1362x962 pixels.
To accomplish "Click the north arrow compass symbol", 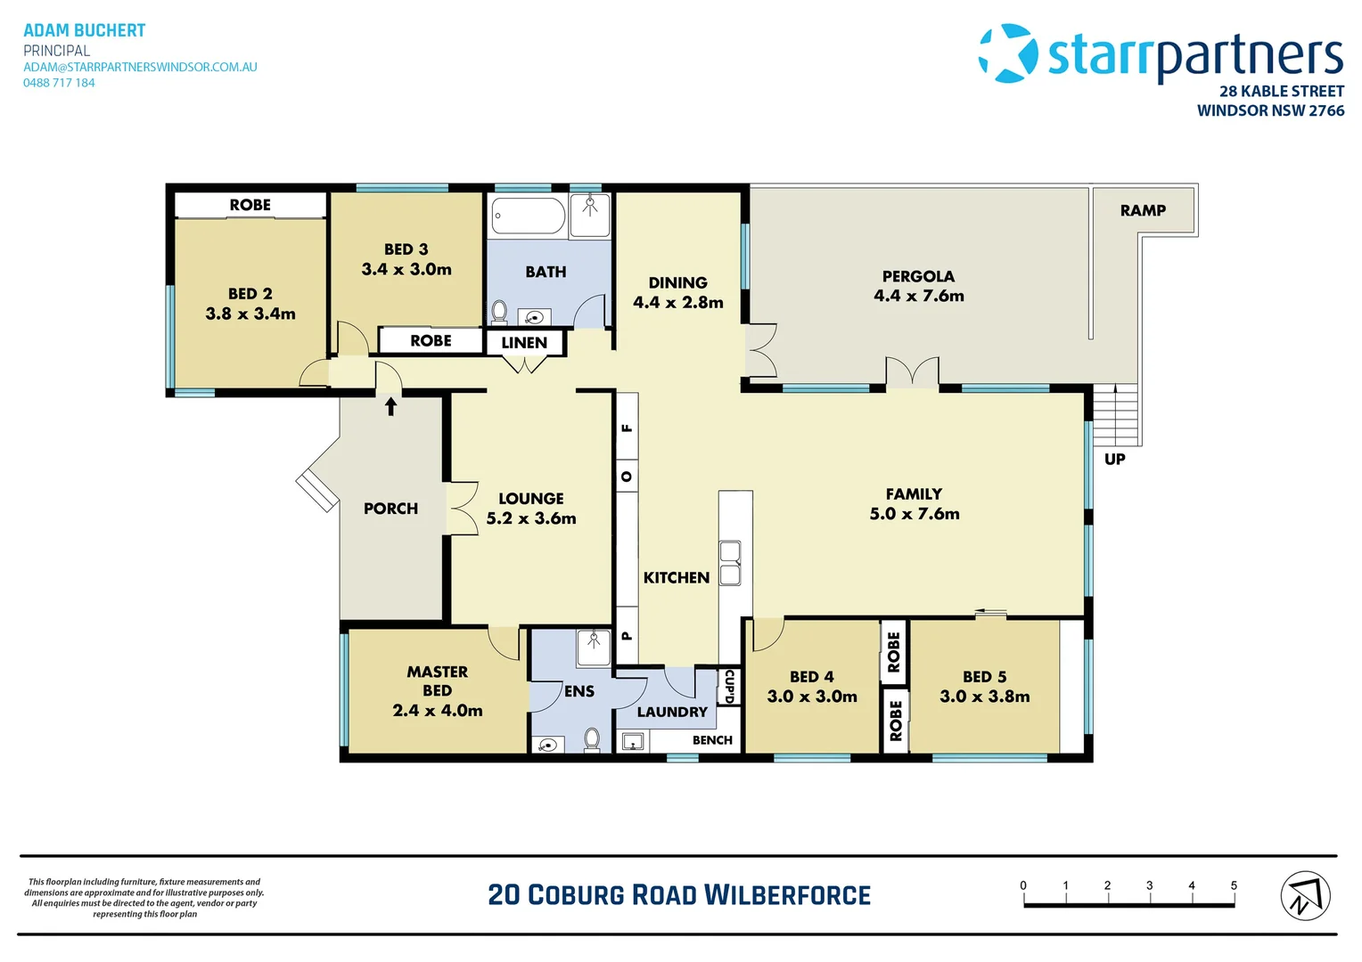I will [x=1305, y=896].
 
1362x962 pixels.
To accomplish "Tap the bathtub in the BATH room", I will [x=528, y=216].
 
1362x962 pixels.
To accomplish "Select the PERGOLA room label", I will [x=918, y=276].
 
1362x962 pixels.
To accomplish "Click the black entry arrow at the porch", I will [x=390, y=406].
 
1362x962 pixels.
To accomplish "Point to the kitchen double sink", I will [x=730, y=563].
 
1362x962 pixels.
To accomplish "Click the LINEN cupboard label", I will [x=524, y=343].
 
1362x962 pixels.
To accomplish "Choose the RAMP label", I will [x=1143, y=210].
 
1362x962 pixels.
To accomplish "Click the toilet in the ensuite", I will [x=592, y=738].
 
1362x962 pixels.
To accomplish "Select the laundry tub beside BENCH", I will [x=633, y=741].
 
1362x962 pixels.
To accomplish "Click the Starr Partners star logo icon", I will [x=1008, y=53].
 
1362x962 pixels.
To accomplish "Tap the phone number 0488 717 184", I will [x=59, y=83].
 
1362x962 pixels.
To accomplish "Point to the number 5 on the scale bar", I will [x=1234, y=885].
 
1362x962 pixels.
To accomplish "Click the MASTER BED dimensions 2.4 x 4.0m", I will [x=438, y=711].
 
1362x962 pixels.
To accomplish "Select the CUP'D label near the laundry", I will [x=729, y=686].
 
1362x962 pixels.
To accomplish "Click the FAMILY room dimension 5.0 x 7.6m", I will [x=915, y=514].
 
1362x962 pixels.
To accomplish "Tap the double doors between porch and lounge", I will [x=461, y=509].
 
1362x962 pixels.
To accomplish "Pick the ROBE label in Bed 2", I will [x=250, y=205].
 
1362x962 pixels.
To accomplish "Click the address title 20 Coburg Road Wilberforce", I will [x=679, y=895].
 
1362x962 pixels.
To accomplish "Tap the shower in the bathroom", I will [x=590, y=215].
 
